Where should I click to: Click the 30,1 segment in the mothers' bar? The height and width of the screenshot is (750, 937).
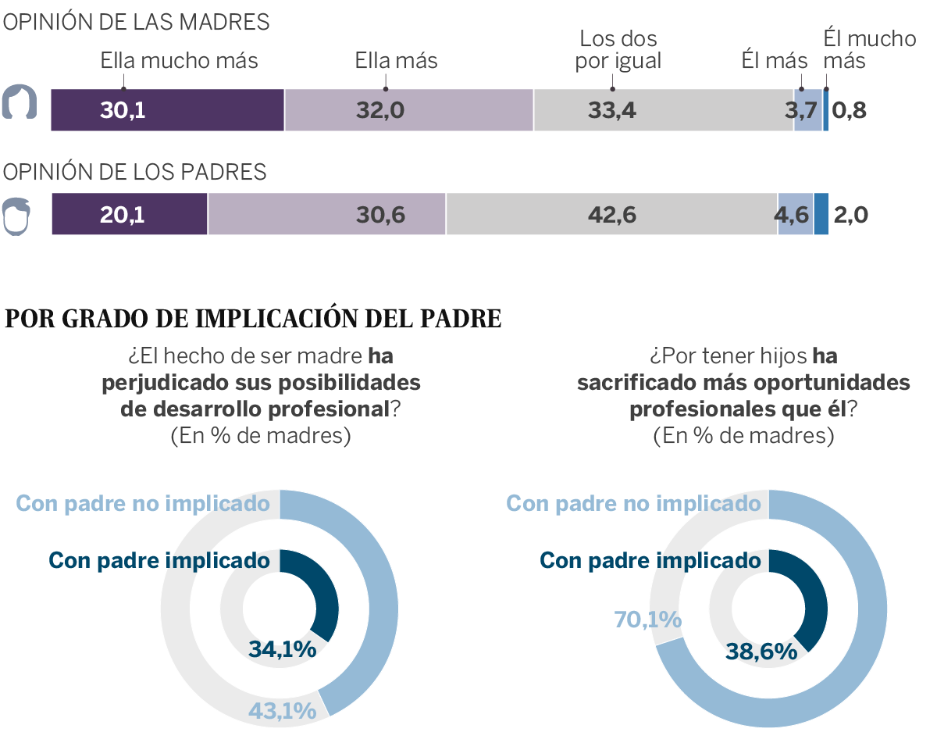click(167, 110)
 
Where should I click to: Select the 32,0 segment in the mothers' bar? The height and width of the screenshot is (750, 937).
click(408, 110)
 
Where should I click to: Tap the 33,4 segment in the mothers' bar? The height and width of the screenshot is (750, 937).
click(664, 110)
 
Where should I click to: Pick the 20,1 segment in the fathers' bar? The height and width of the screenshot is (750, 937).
click(130, 214)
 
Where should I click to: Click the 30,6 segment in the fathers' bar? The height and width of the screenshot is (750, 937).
click(326, 214)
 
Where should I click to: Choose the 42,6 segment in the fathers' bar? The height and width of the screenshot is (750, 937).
click(611, 214)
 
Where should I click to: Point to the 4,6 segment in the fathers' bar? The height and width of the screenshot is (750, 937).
click(795, 214)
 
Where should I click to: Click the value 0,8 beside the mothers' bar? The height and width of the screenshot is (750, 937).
click(850, 110)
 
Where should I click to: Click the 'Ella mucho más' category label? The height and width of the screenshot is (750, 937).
click(179, 61)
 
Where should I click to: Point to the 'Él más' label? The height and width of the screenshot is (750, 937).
click(774, 61)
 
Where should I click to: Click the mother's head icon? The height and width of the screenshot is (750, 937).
click(20, 102)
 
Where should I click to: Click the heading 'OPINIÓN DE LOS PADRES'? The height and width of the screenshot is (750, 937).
click(135, 172)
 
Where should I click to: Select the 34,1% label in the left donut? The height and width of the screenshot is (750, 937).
click(282, 649)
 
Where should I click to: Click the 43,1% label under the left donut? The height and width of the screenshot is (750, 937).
click(282, 711)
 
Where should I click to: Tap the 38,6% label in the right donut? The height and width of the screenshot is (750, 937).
click(762, 651)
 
